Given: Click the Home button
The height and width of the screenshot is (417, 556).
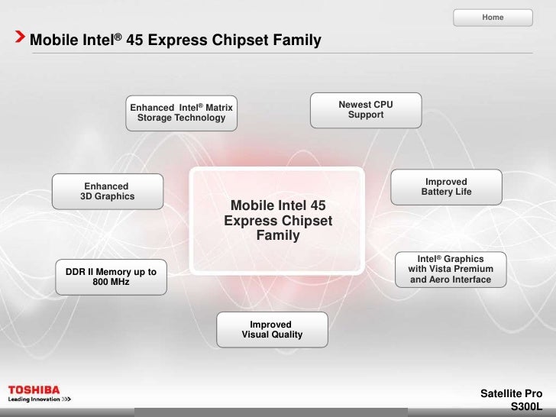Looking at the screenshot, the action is [493, 17].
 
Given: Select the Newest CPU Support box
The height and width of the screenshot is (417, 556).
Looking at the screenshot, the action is [366, 110].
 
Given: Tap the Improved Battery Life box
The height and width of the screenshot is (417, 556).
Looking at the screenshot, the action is [446, 186].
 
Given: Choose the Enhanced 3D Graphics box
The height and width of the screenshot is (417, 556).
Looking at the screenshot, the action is [107, 192].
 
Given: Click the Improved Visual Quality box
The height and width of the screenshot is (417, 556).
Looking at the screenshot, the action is [272, 330].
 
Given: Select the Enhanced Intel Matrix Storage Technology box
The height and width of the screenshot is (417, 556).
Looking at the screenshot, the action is [181, 112].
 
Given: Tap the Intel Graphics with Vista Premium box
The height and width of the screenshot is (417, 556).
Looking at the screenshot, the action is [451, 269].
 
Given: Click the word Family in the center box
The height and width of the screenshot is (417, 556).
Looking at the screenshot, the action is [278, 236].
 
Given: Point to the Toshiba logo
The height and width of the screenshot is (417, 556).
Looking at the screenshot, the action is [34, 389].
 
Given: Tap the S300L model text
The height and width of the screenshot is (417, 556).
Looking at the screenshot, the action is [525, 407].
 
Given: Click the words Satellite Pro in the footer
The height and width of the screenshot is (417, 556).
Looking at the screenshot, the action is [511, 393].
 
